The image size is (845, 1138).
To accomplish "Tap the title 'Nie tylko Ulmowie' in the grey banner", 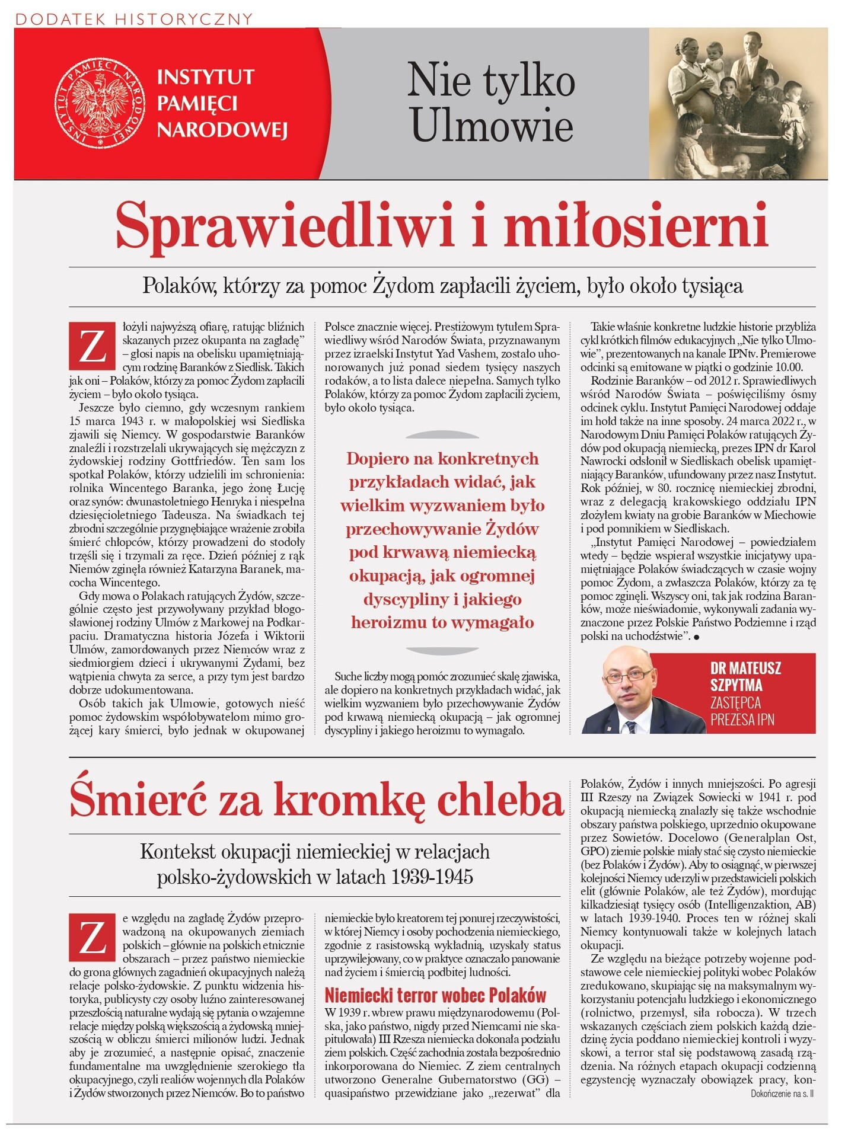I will (491, 103).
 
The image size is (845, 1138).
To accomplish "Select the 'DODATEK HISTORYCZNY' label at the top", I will (134, 19).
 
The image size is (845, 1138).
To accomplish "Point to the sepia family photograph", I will (738, 103).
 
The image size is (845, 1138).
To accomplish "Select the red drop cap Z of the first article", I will (92, 346).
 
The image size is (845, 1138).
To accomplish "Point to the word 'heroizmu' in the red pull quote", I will (389, 622).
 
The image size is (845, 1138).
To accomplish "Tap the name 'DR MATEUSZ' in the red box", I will (745, 668).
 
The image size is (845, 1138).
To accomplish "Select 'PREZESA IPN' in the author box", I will (742, 720).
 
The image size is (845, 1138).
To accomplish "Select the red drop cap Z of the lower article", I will (92, 938).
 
